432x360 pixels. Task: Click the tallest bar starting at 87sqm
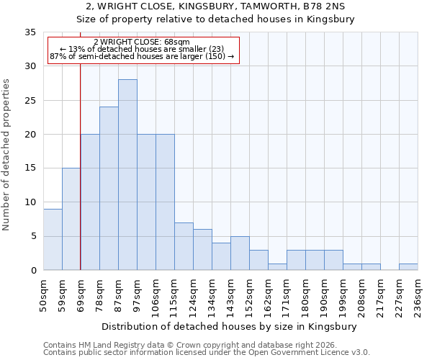pyautogui.click(x=127, y=175)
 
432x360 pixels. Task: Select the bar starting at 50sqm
pyautogui.click(x=53, y=240)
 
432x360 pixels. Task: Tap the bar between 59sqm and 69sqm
pyautogui.click(x=71, y=219)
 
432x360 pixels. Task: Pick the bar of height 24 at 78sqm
pyautogui.click(x=109, y=189)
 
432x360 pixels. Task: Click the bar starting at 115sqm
pyautogui.click(x=184, y=246)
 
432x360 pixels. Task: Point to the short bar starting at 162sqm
pyautogui.click(x=277, y=266)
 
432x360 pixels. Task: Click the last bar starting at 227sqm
pyautogui.click(x=408, y=266)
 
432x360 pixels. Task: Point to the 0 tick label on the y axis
pyautogui.click(x=32, y=271)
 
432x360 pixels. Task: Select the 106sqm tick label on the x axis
pyautogui.click(x=156, y=294)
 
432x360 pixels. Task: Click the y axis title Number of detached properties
pyautogui.click(x=7, y=155)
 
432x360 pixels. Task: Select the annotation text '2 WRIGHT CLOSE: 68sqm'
pyautogui.click(x=142, y=42)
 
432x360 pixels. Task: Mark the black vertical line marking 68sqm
pyautogui.click(x=80, y=166)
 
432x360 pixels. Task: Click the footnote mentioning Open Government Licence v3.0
pyautogui.click(x=207, y=353)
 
